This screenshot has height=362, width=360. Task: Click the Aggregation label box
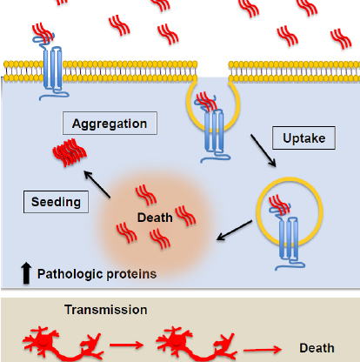click(110, 124)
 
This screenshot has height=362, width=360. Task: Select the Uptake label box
click(303, 138)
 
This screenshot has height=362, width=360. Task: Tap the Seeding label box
click(56, 202)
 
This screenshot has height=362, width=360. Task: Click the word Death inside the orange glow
click(155, 218)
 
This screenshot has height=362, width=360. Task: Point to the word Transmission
click(106, 310)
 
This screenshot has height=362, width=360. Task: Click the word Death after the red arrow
click(317, 348)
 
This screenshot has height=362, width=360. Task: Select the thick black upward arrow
click(26, 272)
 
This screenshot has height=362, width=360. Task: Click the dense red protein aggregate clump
click(70, 152)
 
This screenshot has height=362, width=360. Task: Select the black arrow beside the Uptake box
click(263, 151)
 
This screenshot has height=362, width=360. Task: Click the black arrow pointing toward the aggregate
click(97, 184)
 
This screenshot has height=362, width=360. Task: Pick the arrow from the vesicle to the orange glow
click(235, 231)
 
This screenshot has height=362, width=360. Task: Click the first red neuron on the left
click(63, 345)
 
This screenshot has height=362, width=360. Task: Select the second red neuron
click(197, 345)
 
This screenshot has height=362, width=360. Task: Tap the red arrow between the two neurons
click(126, 345)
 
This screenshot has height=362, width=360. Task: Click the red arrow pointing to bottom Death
click(263, 350)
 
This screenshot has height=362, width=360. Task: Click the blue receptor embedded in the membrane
click(52, 68)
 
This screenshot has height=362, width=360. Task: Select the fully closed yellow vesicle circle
click(290, 212)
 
